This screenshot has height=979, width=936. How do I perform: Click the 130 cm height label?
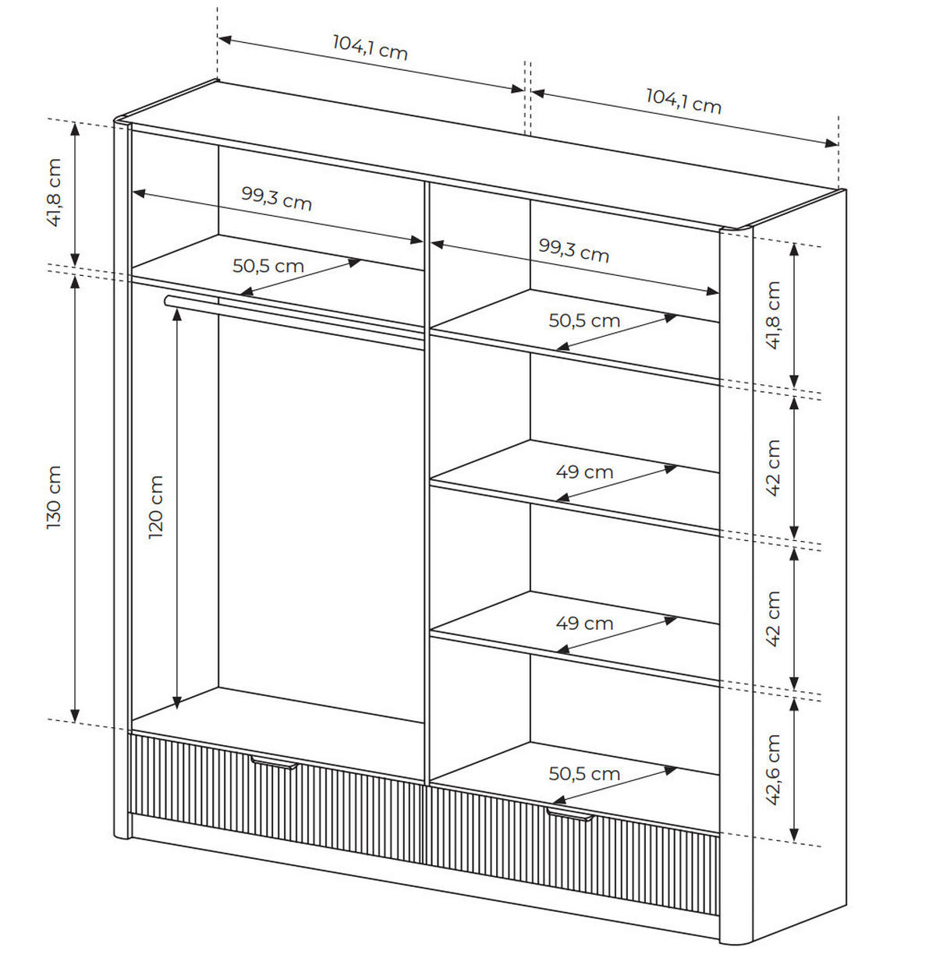click(53, 497)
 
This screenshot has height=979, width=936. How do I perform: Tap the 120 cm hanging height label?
click(155, 507)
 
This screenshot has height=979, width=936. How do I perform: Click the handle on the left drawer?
click(275, 762)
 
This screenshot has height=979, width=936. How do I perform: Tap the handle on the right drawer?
click(570, 815)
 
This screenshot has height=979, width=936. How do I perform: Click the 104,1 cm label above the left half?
click(370, 48)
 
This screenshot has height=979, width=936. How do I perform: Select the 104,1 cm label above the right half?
click(683, 101)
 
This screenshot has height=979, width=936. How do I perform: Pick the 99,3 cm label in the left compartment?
click(276, 198)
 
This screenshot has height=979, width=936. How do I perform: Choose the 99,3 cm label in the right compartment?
click(573, 250)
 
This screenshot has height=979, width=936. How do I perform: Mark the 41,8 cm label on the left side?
click(53, 193)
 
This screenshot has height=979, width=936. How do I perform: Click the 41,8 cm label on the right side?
click(772, 315)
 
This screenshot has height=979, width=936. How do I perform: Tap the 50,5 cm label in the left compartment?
click(268, 266)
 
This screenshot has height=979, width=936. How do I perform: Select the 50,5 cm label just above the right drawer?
click(584, 774)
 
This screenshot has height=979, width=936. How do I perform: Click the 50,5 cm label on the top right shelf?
click(584, 321)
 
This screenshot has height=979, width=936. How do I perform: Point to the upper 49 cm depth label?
click(584, 472)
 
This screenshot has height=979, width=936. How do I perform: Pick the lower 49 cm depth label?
click(584, 624)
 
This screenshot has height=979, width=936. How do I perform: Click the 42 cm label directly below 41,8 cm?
click(772, 468)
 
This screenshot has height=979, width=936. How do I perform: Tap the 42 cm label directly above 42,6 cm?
click(772, 618)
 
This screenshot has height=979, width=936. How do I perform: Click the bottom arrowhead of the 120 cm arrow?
click(177, 703)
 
